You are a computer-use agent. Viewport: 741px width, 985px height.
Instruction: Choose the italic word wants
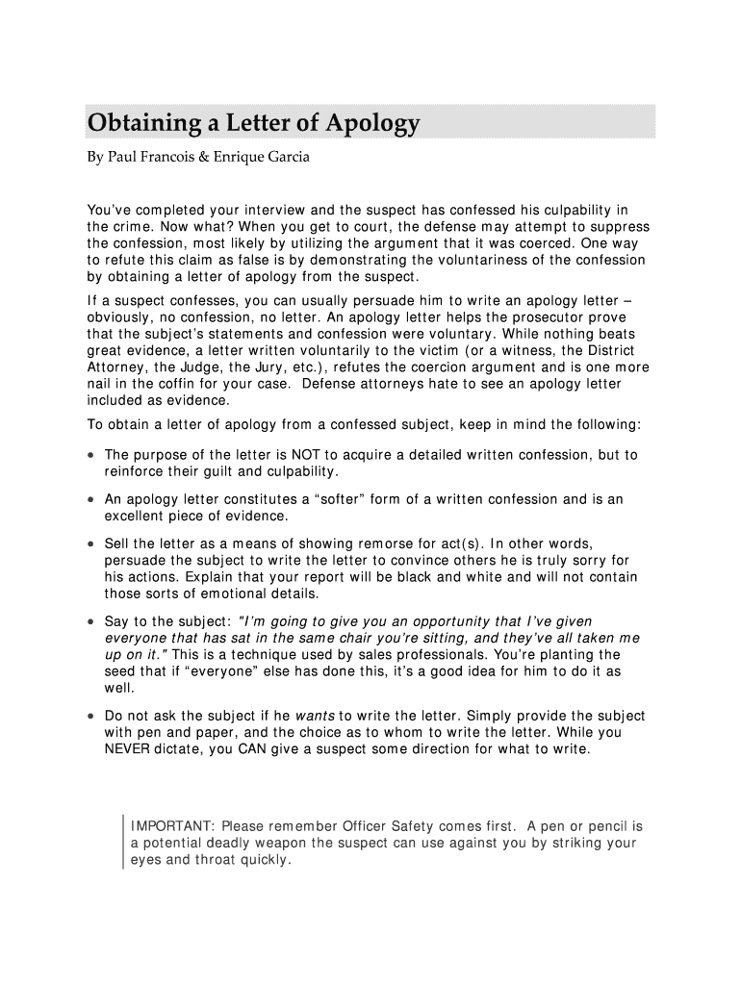click(x=315, y=716)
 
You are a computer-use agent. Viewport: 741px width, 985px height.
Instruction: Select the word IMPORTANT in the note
click(x=171, y=826)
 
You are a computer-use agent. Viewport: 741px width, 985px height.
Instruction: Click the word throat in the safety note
click(x=230, y=860)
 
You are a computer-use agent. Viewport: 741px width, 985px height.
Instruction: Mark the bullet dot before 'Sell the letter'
click(x=89, y=544)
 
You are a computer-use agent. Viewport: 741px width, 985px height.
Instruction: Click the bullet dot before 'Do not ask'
click(x=89, y=717)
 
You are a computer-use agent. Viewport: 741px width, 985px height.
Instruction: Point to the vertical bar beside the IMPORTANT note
click(x=124, y=843)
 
